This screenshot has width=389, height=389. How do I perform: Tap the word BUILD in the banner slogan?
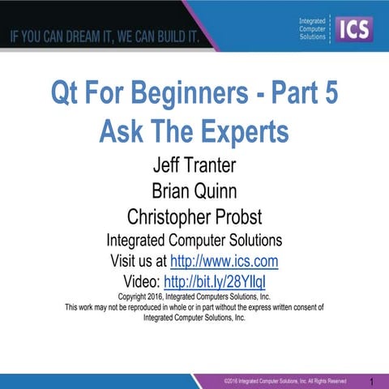coord(172,37)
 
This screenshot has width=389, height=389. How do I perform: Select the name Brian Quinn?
coord(194,192)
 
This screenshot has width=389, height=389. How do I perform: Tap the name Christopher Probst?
coord(194,216)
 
